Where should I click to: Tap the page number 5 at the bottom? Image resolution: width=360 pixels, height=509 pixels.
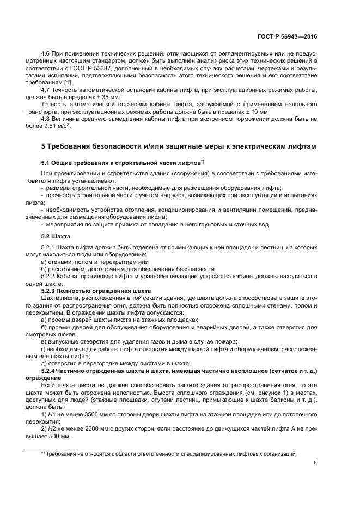tap(315, 463)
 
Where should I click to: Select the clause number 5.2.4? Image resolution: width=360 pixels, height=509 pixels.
tap(50, 371)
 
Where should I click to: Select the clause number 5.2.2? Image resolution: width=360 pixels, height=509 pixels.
tap(50, 276)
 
